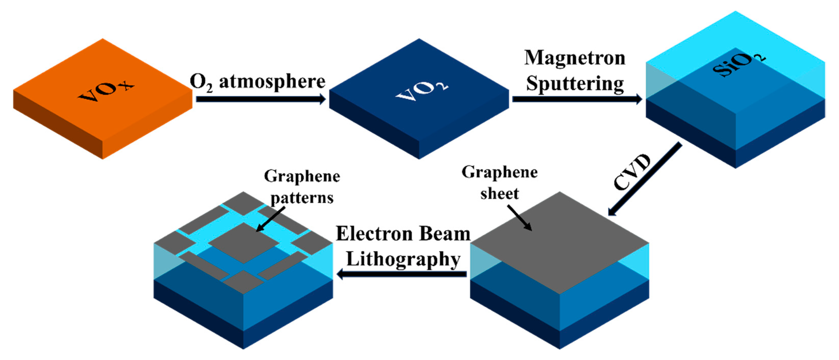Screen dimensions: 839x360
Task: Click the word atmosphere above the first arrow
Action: coord(272,81)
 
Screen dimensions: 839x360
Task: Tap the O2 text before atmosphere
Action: coord(201,82)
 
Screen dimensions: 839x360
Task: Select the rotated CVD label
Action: coord(631,172)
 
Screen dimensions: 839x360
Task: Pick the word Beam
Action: coord(445,234)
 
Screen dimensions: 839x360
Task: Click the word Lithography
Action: coord(403,260)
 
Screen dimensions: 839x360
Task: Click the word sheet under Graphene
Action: coord(499,194)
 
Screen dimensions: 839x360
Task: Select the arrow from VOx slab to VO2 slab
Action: coord(261,99)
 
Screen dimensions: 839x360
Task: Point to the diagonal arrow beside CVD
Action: coord(645,179)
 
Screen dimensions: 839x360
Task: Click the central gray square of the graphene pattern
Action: coord(244,243)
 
